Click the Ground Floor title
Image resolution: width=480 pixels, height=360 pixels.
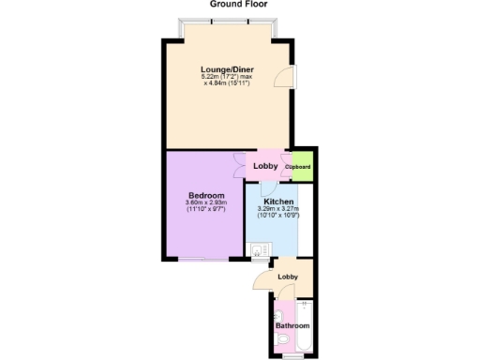[238, 5]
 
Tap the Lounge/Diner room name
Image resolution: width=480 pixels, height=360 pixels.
[227, 69]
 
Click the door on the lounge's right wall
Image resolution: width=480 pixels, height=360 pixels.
[285, 79]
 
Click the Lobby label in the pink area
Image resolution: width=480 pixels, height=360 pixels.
[265, 167]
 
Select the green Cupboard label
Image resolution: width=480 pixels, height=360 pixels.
[299, 167]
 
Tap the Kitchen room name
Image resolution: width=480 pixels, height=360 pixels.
[278, 202]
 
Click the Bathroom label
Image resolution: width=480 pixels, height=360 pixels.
[292, 325]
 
